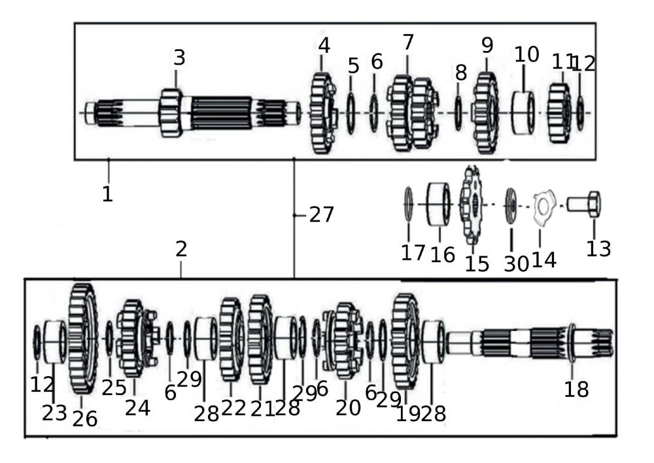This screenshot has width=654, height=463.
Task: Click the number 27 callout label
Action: pos(321,214)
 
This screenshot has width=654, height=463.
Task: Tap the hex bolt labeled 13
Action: pos(583,204)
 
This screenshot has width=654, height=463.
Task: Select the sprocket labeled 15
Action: pos(471,204)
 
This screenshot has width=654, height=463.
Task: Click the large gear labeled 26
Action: pos(82,339)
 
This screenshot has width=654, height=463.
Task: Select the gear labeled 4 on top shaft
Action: pos(322,113)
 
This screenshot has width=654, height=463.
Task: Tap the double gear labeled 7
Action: pos(412,113)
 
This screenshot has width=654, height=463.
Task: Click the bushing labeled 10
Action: pos(523,113)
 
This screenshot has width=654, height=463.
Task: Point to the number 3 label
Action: pos(179,58)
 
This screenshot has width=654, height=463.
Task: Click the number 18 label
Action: pos(576,389)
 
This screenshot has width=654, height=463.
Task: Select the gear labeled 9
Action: pos(485,113)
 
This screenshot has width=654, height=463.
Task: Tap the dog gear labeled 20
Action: pos(345,340)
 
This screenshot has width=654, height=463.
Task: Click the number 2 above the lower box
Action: pos(181,249)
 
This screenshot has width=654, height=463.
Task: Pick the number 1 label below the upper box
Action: pos(107,194)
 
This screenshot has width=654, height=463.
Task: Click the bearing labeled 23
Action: pos(54,341)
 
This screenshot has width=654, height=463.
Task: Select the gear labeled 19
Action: pos(405,340)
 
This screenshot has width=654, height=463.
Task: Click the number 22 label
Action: pos(233,408)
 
